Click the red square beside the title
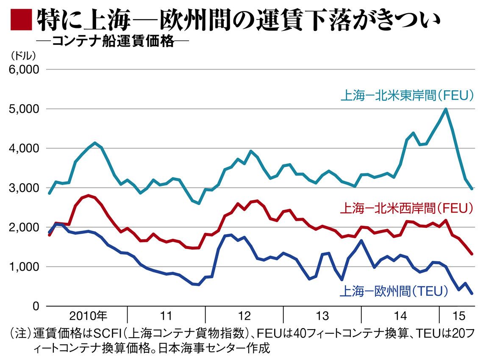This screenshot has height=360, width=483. click(21, 20)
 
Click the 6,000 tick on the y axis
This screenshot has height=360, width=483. click(24, 69)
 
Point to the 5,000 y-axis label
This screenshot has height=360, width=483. click(24, 109)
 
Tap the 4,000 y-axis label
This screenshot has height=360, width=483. click(24, 148)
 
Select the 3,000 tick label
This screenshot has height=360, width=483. click(24, 188)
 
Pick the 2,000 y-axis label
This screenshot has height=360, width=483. click(24, 227)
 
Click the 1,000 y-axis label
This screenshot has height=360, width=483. click(24, 267)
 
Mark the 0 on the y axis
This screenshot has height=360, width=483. click(36, 306)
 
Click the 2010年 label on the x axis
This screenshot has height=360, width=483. click(88, 316)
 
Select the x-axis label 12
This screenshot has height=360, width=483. click(244, 316)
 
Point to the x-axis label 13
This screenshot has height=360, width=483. click(322, 316)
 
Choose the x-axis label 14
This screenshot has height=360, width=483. click(400, 316)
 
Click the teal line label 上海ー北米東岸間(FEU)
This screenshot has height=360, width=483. click(407, 96)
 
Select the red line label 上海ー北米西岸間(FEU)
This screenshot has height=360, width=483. click(407, 209)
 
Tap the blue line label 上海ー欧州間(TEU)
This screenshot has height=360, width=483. click(394, 291)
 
